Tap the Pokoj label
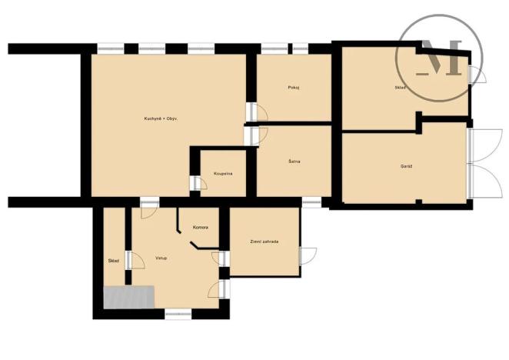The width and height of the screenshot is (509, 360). tap(293, 88)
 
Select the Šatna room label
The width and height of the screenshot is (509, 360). tap(294, 161)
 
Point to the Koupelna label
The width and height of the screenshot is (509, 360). tap(223, 174)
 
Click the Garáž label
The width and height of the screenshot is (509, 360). tap(406, 166)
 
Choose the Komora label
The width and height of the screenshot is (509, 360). tap(201, 228)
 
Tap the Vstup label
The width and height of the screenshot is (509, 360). tap(161, 258)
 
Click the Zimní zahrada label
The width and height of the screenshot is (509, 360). tap(264, 242)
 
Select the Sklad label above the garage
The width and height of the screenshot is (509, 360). tap(401, 88)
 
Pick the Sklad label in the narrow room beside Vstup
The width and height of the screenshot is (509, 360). tap(113, 262)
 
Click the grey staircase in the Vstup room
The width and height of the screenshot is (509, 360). tap(129, 296)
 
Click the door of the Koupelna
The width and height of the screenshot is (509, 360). tap(196, 184)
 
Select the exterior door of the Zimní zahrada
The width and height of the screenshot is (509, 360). tap(306, 257)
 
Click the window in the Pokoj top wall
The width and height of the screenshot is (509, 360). tap(285, 48)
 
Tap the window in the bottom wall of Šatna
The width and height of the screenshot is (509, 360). tap(311, 202)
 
